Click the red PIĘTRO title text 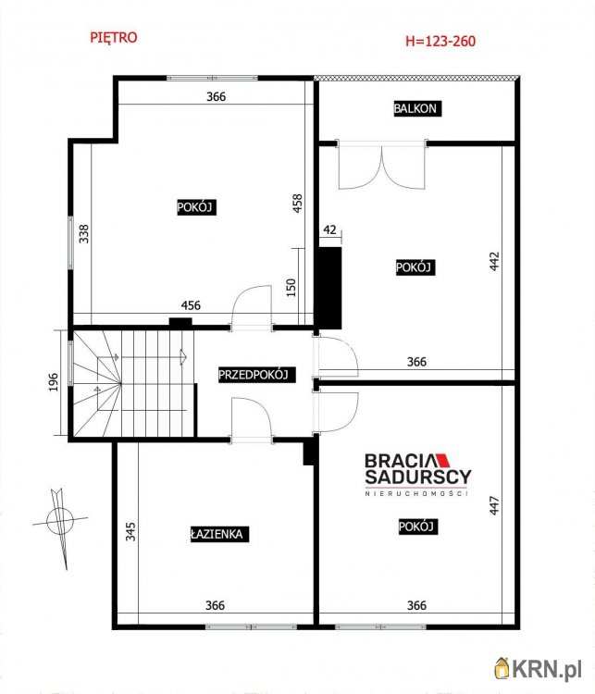[x=114, y=37]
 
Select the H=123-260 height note [x=440, y=41]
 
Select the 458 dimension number [x=298, y=203]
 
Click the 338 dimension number [x=83, y=234]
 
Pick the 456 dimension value [x=191, y=305]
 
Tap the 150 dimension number [x=291, y=287]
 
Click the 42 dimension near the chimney [x=329, y=229]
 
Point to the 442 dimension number [x=494, y=261]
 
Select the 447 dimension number [x=494, y=505]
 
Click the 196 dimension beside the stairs [x=53, y=382]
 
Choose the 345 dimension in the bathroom [x=130, y=531]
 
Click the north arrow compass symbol [x=60, y=521]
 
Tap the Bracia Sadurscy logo [x=418, y=474]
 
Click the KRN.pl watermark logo [x=538, y=669]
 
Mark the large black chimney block [x=329, y=288]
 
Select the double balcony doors [x=382, y=165]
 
